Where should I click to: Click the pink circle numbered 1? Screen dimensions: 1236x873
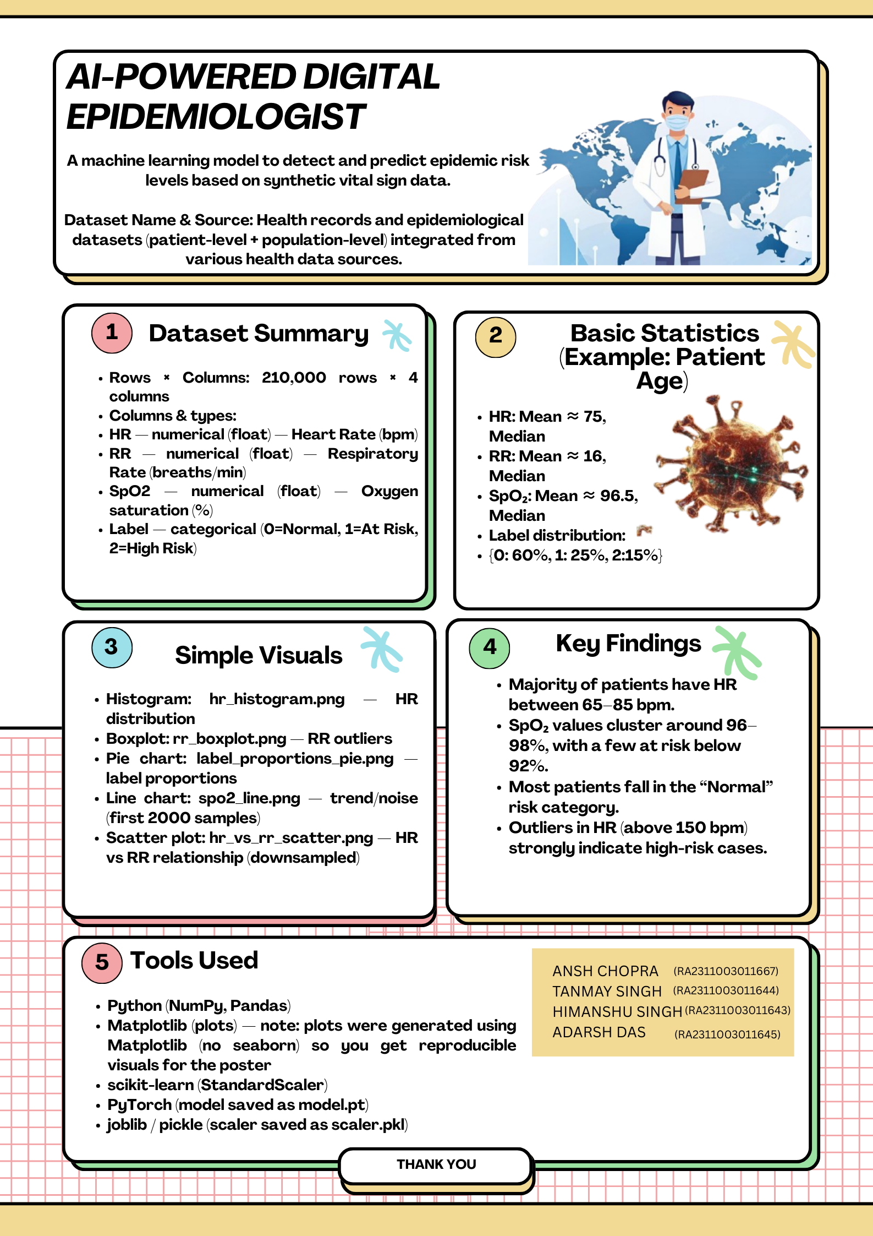coord(112,333)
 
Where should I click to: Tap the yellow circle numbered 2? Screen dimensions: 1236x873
coord(495,336)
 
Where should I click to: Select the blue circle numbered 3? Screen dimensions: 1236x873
coord(112,647)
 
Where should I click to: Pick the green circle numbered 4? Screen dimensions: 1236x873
coord(489,647)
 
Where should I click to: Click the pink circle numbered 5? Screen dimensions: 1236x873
coord(102,962)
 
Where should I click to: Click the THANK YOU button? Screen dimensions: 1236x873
coord(436,1164)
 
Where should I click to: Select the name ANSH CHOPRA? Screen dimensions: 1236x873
coord(605,971)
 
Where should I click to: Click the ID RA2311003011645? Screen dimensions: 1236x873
coord(727,1034)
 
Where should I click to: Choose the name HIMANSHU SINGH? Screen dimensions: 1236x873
coord(617,1012)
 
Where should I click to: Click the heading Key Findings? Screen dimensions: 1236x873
coord(628,643)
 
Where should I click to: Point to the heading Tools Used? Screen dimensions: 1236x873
coord(194,961)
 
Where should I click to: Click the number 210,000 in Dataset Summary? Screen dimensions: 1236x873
coord(294,378)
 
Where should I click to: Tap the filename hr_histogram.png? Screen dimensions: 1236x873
coord(277,699)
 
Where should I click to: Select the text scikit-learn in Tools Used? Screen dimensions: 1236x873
coord(150,1085)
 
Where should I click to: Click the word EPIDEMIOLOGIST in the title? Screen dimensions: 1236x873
coord(216,117)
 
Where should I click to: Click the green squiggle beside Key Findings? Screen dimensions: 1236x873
coord(737,652)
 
